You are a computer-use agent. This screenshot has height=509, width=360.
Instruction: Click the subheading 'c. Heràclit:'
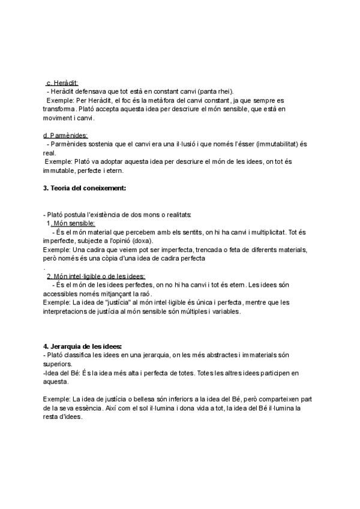[62, 82]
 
